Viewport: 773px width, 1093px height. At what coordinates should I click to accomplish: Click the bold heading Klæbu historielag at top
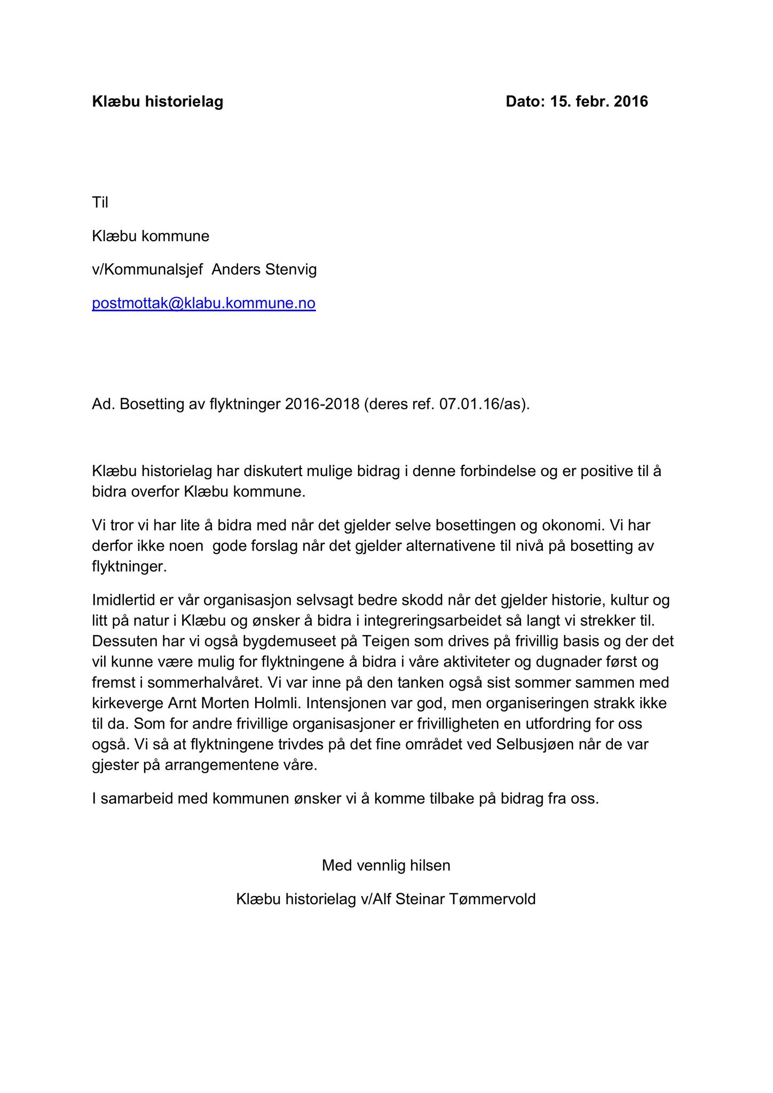click(x=157, y=101)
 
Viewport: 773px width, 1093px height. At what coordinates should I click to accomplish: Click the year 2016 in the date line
click(x=630, y=101)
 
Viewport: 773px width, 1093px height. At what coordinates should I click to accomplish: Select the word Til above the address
click(x=100, y=202)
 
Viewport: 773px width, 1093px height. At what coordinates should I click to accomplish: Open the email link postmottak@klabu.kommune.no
click(x=203, y=303)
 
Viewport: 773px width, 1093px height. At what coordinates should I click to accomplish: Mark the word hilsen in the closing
click(x=428, y=866)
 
